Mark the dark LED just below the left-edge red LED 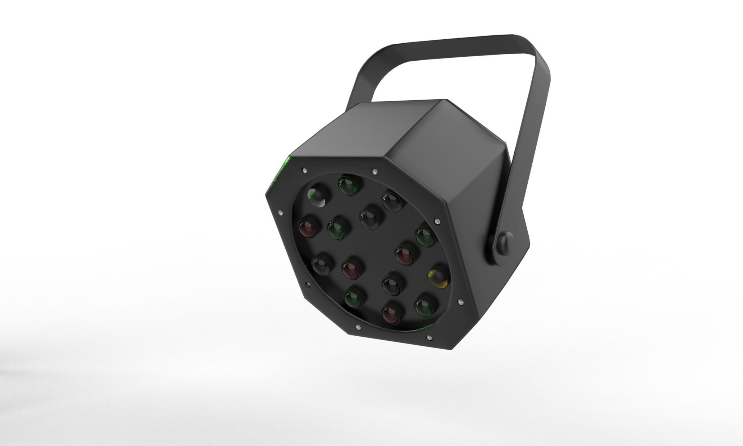(x=321, y=266)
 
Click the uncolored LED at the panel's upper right (x=392, y=201)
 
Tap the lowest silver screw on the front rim (x=429, y=338)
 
